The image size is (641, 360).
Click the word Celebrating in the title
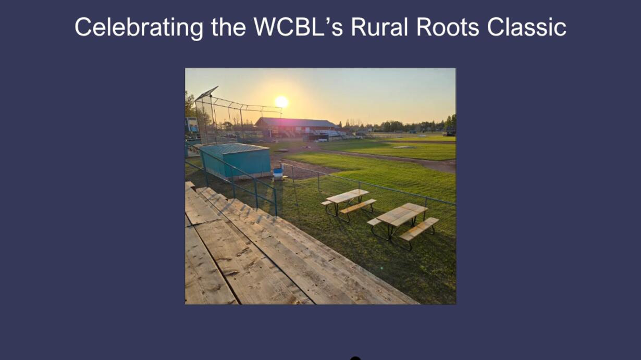click(139, 28)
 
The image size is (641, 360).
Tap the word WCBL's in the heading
click(298, 27)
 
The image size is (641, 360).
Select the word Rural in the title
click(379, 27)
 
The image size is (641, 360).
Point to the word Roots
click(448, 27)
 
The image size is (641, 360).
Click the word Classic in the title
click(526, 27)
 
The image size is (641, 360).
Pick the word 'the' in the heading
click(228, 27)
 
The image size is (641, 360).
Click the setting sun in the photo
click(281, 102)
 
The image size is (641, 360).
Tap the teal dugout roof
click(234, 148)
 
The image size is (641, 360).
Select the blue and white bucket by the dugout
click(278, 174)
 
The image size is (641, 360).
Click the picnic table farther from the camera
click(348, 204)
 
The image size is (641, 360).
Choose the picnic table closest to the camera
click(403, 225)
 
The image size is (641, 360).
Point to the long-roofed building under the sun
click(296, 127)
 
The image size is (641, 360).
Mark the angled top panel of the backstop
click(206, 93)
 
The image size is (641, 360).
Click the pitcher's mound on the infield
click(403, 147)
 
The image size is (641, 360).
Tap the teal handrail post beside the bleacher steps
click(276, 202)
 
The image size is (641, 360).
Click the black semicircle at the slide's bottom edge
click(355, 358)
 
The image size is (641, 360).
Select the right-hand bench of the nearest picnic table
click(419, 229)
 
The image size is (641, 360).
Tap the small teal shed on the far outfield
click(412, 132)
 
